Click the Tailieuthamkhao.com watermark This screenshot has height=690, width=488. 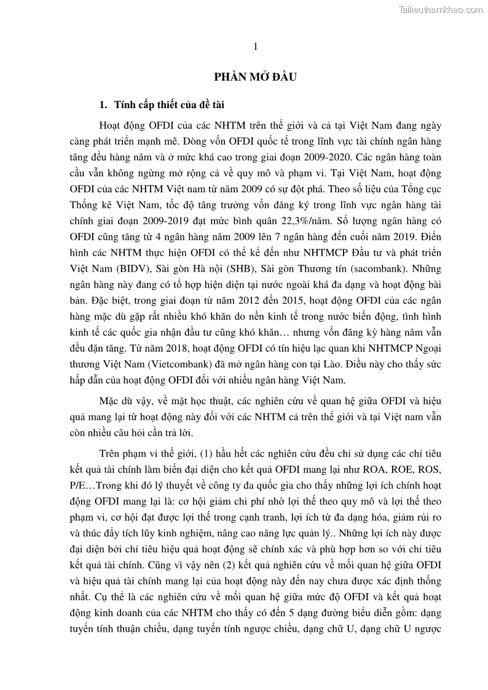click(441, 9)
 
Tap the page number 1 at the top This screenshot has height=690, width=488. click(255, 47)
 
